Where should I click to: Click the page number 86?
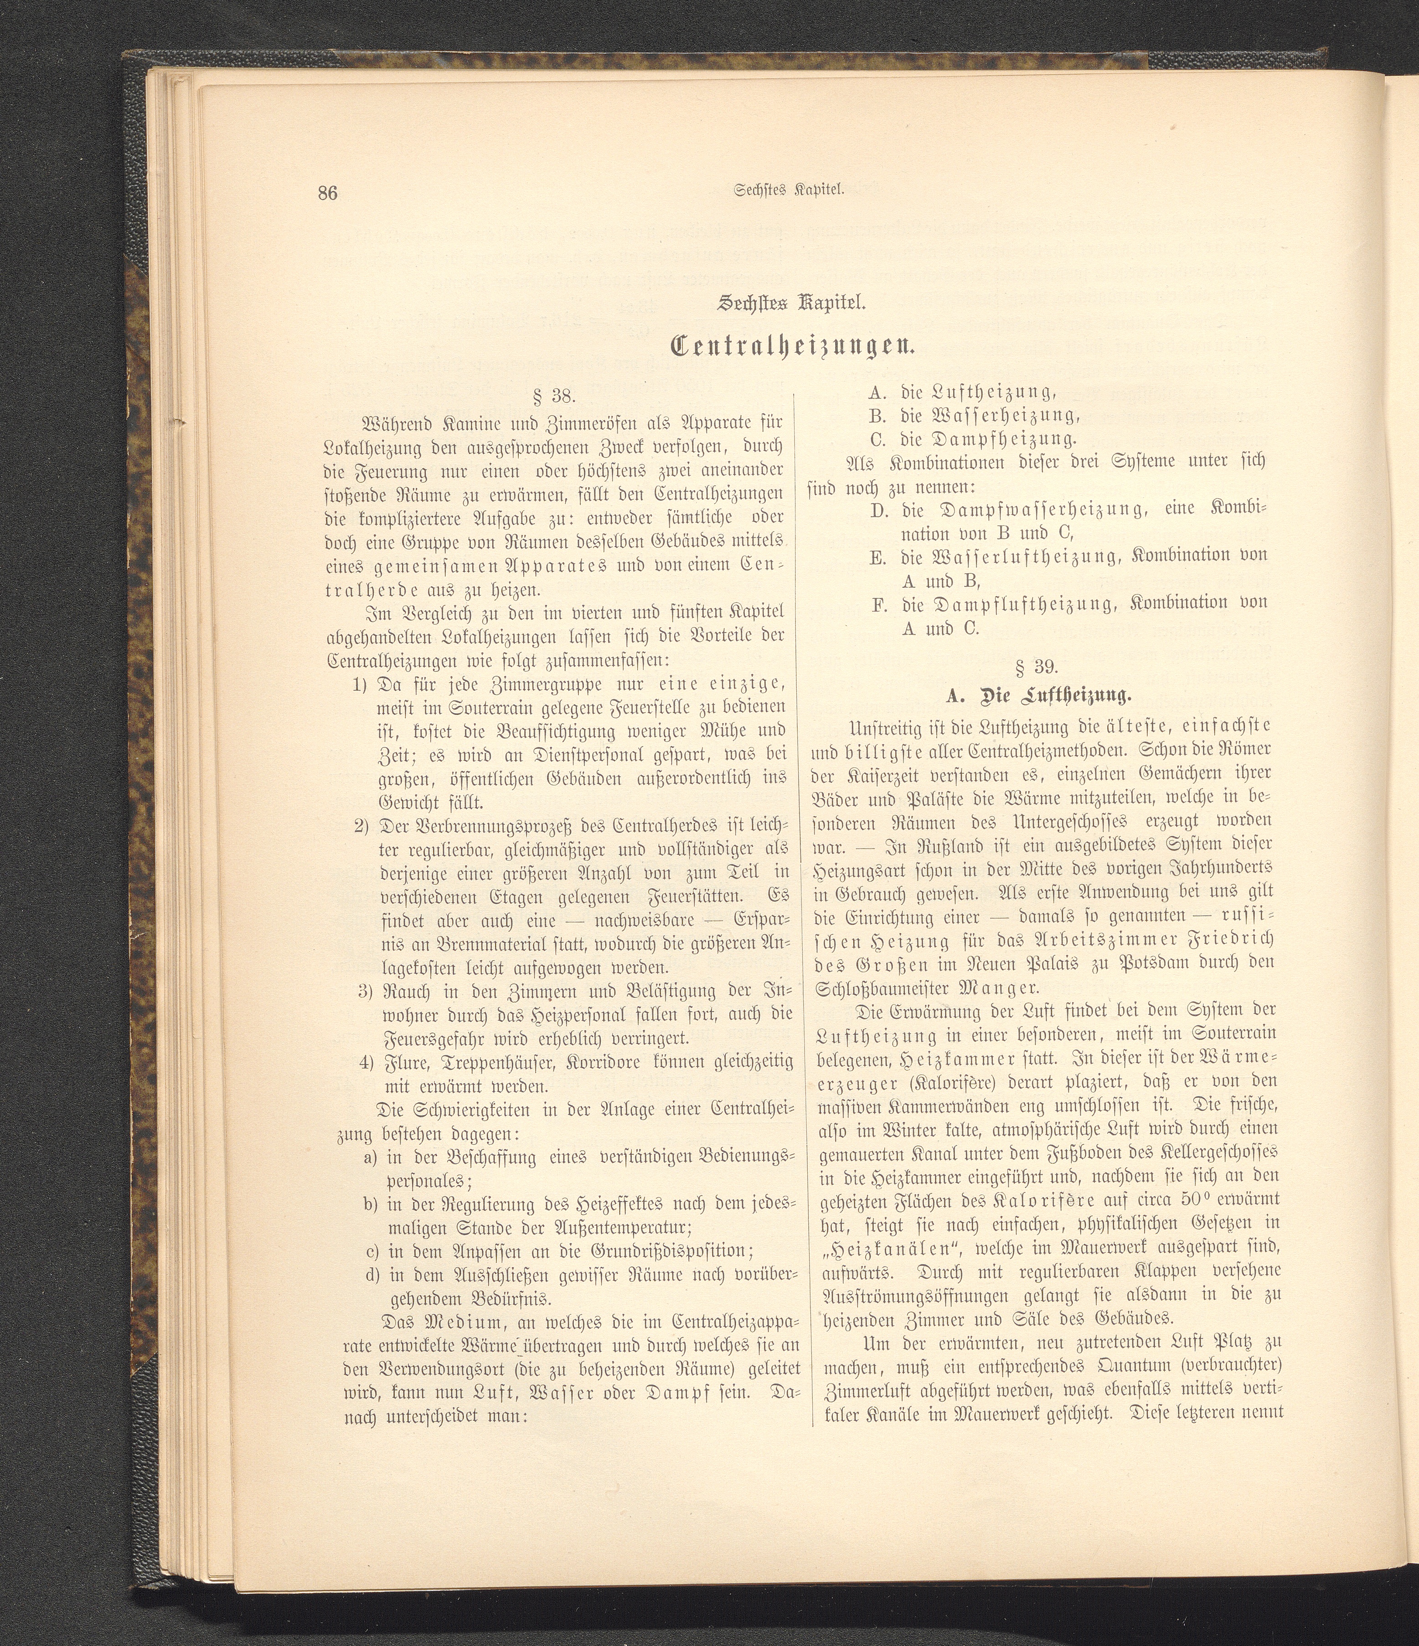coord(327,193)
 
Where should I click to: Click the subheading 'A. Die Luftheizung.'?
coord(1039,696)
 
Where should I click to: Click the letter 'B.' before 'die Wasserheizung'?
coord(878,416)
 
